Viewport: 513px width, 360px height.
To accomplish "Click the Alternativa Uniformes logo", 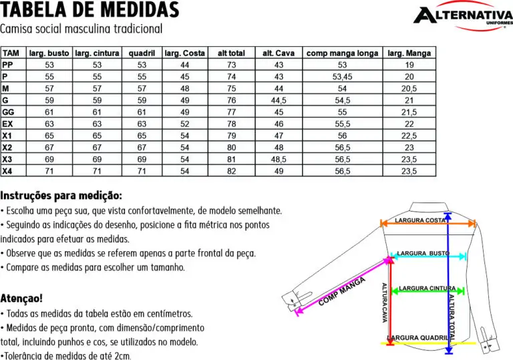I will [x=462, y=16].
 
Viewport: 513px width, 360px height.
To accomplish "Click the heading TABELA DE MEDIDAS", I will [x=90, y=11].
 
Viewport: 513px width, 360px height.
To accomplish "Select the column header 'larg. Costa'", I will [x=185, y=53].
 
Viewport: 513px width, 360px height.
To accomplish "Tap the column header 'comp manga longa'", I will [x=342, y=53].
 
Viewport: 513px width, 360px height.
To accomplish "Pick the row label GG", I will [x=9, y=112].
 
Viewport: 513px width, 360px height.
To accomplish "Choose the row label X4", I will [x=7, y=171].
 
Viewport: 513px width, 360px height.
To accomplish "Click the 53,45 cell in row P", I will [x=342, y=77].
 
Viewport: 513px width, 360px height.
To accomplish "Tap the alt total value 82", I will [x=232, y=172].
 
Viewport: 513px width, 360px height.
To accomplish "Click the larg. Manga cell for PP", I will [x=409, y=65].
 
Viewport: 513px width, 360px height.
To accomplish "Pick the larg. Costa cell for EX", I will [x=185, y=124].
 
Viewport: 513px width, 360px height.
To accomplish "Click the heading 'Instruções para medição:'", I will [x=61, y=196].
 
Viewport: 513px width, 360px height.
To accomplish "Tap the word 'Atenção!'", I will [x=22, y=298].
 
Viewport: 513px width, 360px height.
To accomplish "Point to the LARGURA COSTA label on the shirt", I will [x=421, y=220].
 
